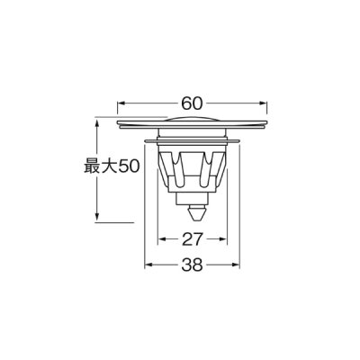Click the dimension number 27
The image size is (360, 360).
(x=193, y=241)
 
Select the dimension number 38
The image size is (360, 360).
(x=193, y=267)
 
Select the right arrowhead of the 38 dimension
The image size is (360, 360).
(x=237, y=267)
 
